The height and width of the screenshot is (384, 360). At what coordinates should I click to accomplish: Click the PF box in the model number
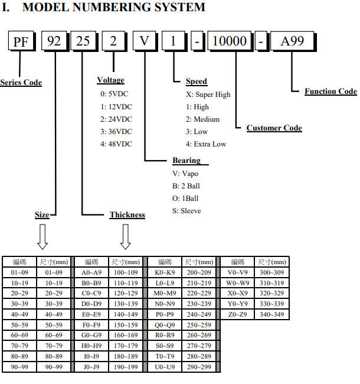21,41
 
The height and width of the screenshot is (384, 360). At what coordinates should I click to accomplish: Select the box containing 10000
230,41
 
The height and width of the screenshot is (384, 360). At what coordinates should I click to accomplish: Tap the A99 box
292,41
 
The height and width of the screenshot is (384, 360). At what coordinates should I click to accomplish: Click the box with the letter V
144,41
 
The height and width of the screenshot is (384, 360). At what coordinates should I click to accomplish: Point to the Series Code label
21,83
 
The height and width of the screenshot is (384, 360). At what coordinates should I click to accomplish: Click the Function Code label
330,92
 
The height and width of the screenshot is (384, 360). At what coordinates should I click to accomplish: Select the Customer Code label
274,128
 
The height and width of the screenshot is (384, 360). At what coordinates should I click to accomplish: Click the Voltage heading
110,80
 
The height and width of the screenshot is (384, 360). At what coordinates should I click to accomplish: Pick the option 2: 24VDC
116,119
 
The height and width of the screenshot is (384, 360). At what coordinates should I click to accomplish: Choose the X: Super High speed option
208,95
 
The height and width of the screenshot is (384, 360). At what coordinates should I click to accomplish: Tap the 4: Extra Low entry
206,144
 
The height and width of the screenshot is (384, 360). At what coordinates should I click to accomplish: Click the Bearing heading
186,161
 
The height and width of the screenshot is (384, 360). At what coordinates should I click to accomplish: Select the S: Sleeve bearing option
186,211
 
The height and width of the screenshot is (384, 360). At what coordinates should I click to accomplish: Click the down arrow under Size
42,237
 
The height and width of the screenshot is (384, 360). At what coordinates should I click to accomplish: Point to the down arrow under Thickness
126,237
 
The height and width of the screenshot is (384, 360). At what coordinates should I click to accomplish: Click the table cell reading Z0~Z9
237,314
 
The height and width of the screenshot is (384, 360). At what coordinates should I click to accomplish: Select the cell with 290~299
199,367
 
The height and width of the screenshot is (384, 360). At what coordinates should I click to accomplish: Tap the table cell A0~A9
91,272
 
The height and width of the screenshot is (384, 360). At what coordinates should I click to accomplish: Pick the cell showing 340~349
271,314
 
